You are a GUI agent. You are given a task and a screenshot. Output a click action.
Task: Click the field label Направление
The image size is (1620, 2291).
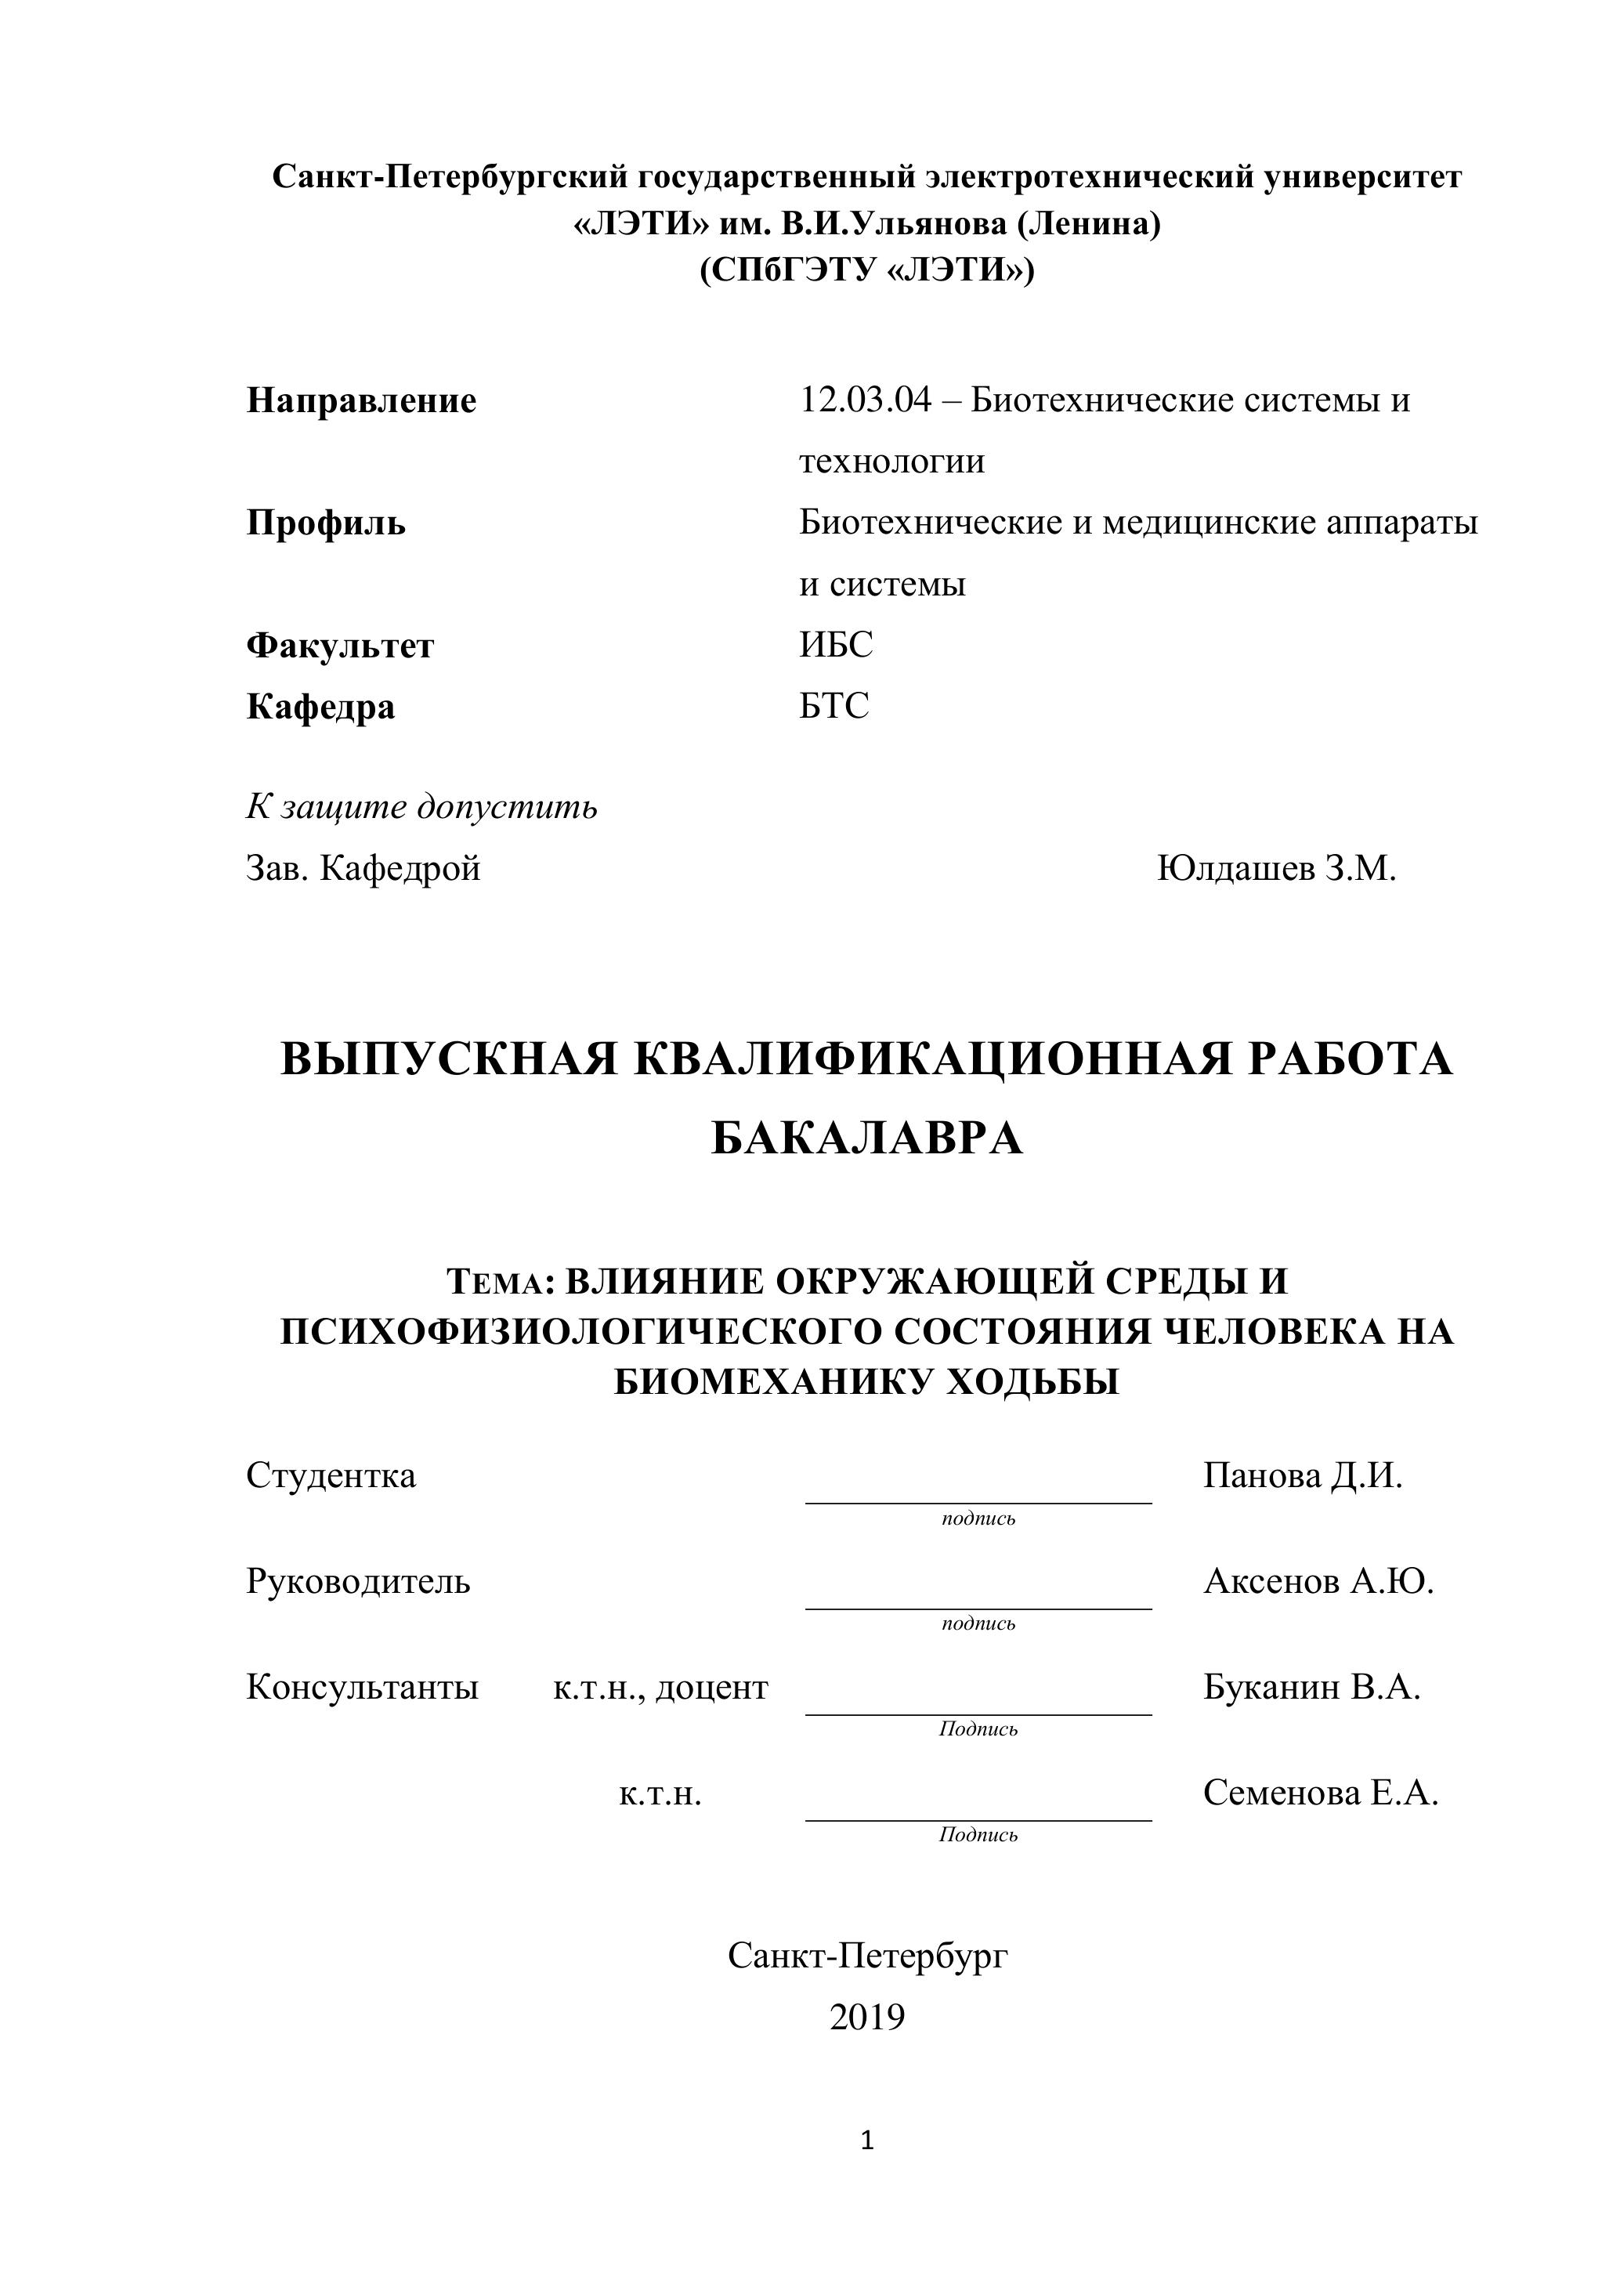click(x=361, y=401)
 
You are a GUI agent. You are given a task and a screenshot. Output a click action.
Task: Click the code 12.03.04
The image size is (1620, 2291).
click(x=865, y=400)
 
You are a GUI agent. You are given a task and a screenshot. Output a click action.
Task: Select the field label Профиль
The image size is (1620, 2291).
click(x=326, y=523)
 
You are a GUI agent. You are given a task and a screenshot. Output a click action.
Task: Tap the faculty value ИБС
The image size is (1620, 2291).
click(x=835, y=645)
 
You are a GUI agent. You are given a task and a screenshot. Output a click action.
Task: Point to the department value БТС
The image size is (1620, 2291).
click(x=834, y=705)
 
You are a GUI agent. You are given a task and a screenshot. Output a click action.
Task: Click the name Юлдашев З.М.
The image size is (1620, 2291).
click(x=1276, y=868)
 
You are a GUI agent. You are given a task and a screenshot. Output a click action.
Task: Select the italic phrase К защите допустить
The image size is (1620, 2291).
click(x=422, y=806)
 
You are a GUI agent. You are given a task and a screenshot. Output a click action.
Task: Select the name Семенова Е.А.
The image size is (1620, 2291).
click(x=1320, y=1793)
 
